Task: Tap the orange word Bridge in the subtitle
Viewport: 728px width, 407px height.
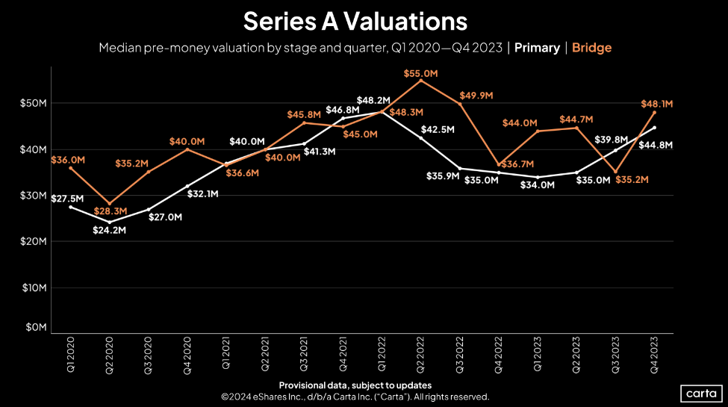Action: click(591, 48)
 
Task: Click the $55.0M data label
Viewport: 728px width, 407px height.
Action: click(420, 74)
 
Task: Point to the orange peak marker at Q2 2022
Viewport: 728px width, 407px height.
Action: click(421, 81)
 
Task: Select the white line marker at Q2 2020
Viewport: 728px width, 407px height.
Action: click(109, 222)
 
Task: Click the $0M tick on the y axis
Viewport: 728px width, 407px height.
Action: click(37, 327)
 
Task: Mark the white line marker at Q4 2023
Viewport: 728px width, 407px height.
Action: click(655, 128)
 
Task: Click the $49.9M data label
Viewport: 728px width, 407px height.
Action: click(475, 96)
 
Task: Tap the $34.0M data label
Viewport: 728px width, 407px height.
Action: click(537, 184)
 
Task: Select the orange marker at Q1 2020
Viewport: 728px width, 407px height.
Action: click(70, 168)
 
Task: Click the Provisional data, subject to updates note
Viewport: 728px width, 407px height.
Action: click(363, 385)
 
